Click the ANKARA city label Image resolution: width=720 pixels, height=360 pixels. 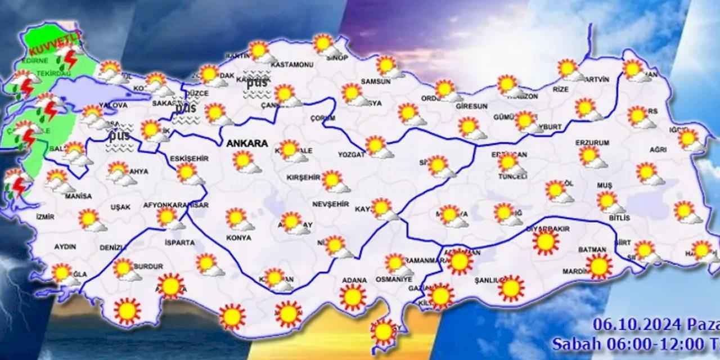tap(247, 143)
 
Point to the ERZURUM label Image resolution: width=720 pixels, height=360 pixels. tap(592, 143)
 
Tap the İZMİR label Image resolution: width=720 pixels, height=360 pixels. tap(44, 216)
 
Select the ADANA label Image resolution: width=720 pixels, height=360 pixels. tap(354, 280)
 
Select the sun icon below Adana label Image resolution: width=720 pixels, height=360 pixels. tap(353, 297)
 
